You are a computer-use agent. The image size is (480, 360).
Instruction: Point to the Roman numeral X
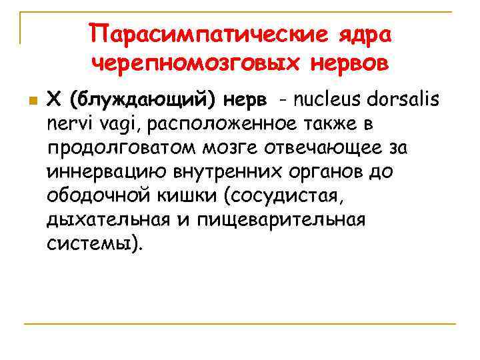(55, 99)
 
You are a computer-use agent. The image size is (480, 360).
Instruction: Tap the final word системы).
(94, 243)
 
